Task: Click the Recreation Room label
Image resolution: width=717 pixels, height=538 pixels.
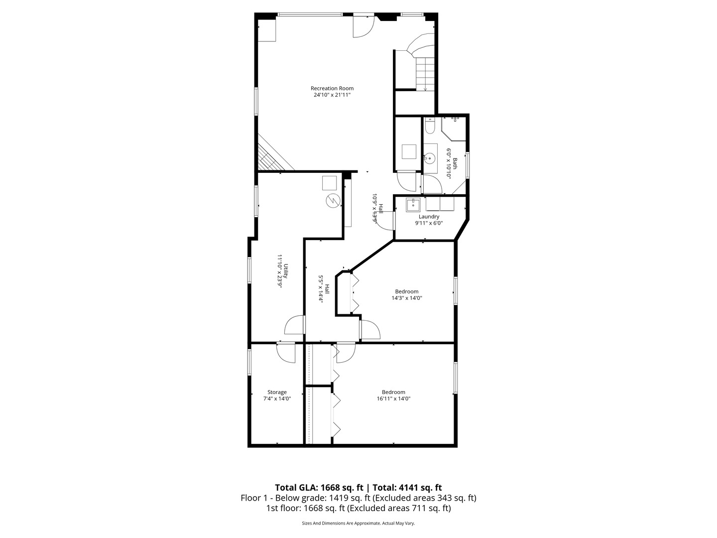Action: pos(332,88)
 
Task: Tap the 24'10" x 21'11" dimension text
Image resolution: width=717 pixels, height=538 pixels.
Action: pos(332,95)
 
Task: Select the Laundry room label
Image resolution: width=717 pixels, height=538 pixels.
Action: pos(429,217)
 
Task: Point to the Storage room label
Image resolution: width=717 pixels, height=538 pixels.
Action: pos(277,392)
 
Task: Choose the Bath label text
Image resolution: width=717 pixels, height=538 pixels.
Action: pos(455,163)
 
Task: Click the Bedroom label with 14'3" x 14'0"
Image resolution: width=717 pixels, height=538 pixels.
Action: pos(407,291)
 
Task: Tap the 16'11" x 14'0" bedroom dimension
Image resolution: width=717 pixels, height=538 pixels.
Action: pos(393,399)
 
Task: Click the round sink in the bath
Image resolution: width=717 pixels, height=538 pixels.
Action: pos(429,158)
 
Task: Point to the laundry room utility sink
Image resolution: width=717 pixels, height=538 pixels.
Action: pos(413,204)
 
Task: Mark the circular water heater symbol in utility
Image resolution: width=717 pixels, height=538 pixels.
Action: pos(332,201)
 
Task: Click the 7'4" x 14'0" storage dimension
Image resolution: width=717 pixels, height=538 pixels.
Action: pos(277,399)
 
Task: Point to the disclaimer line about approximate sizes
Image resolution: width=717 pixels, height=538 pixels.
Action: pos(358,523)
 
